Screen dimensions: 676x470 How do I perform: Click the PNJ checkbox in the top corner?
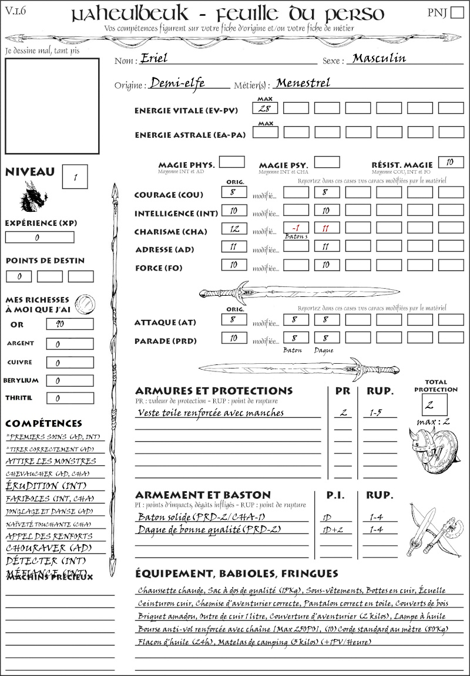456,13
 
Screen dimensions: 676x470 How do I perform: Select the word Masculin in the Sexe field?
379,59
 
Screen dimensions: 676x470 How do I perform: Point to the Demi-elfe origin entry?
177,83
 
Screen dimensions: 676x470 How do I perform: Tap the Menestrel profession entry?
303,83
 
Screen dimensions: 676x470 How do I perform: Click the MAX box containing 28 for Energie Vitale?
265,108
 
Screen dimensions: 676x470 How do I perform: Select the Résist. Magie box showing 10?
451,162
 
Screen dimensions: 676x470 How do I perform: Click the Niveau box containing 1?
76,176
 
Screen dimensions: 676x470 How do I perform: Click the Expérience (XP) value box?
39,238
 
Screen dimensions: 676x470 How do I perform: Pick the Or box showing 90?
69,324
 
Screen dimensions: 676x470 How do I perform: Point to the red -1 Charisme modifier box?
296,228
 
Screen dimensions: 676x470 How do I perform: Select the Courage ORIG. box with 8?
234,192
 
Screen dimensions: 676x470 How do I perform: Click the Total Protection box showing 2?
435,405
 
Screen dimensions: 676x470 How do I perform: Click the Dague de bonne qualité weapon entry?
209,530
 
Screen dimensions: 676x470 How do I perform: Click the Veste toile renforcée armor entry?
210,413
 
